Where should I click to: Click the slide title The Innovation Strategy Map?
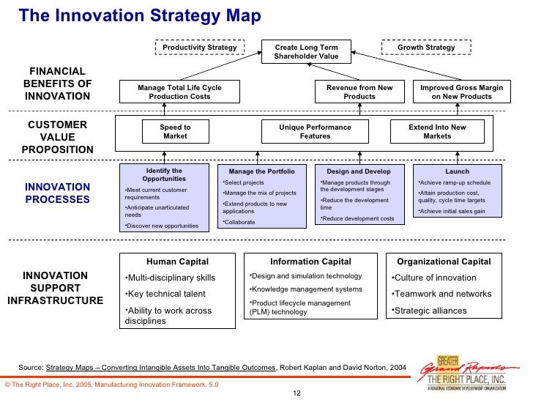click(x=140, y=16)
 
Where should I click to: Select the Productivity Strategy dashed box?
click(x=199, y=48)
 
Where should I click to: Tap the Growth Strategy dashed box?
click(x=425, y=48)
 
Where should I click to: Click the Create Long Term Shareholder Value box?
click(x=307, y=52)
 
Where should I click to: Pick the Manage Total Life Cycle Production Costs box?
click(x=179, y=92)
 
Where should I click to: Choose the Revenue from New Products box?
click(x=359, y=92)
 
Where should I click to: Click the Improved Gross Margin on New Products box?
click(x=461, y=92)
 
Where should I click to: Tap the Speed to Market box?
click(x=175, y=132)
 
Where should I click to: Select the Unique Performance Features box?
click(x=315, y=132)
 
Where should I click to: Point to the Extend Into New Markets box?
click(x=437, y=132)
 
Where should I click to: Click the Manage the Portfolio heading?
click(x=261, y=171)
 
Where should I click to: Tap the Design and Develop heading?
click(x=359, y=171)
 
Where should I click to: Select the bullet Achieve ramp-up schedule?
click(x=454, y=183)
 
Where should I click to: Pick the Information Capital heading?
click(x=310, y=262)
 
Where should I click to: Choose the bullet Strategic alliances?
click(x=430, y=311)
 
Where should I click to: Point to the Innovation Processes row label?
click(x=57, y=193)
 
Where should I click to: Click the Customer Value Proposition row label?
click(x=57, y=137)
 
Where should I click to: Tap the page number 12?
click(x=297, y=393)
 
